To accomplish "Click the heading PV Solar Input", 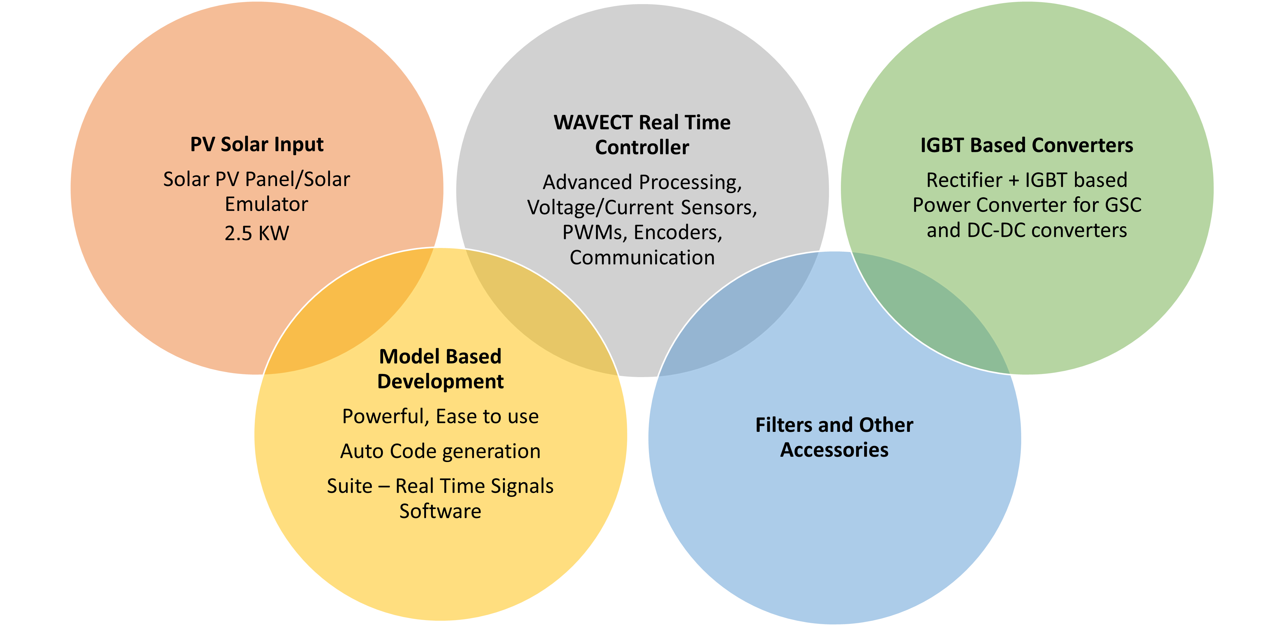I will (257, 145).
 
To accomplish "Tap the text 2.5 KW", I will (257, 233).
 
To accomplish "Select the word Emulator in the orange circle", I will (266, 204).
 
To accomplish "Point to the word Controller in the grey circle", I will (642, 148).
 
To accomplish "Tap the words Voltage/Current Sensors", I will (642, 208).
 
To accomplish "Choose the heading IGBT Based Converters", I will (1027, 145).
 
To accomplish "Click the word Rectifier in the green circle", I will (963, 180).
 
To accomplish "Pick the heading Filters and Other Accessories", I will (834, 437).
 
